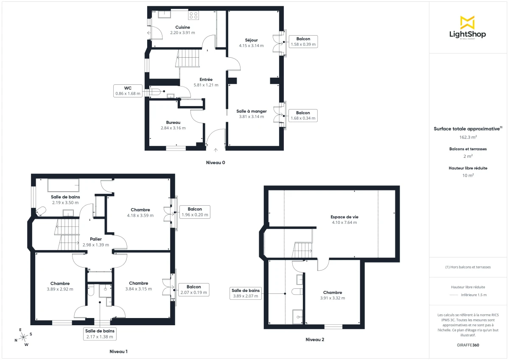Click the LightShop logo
pos(467,28)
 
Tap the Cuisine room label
pos(182,27)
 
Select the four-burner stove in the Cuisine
pos(193,15)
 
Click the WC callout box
pos(128,91)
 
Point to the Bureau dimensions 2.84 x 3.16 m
pos(173,128)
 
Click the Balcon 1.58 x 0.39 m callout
pos(303,42)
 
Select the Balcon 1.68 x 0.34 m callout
pos(303,115)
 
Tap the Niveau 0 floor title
pos(215,162)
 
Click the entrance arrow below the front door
pos(215,150)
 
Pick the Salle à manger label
pos(252,112)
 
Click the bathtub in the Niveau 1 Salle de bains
pos(63,185)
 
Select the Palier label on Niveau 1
pos(95,239)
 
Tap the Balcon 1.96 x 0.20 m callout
pos(195,212)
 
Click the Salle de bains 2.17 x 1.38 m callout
pos(100,334)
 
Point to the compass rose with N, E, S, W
pos(23,337)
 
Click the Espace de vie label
pos(344,217)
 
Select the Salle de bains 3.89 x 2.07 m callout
pos(246,293)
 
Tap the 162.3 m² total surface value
pos(468,137)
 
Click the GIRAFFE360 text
pos(468,345)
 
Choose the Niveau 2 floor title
pos(315,339)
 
